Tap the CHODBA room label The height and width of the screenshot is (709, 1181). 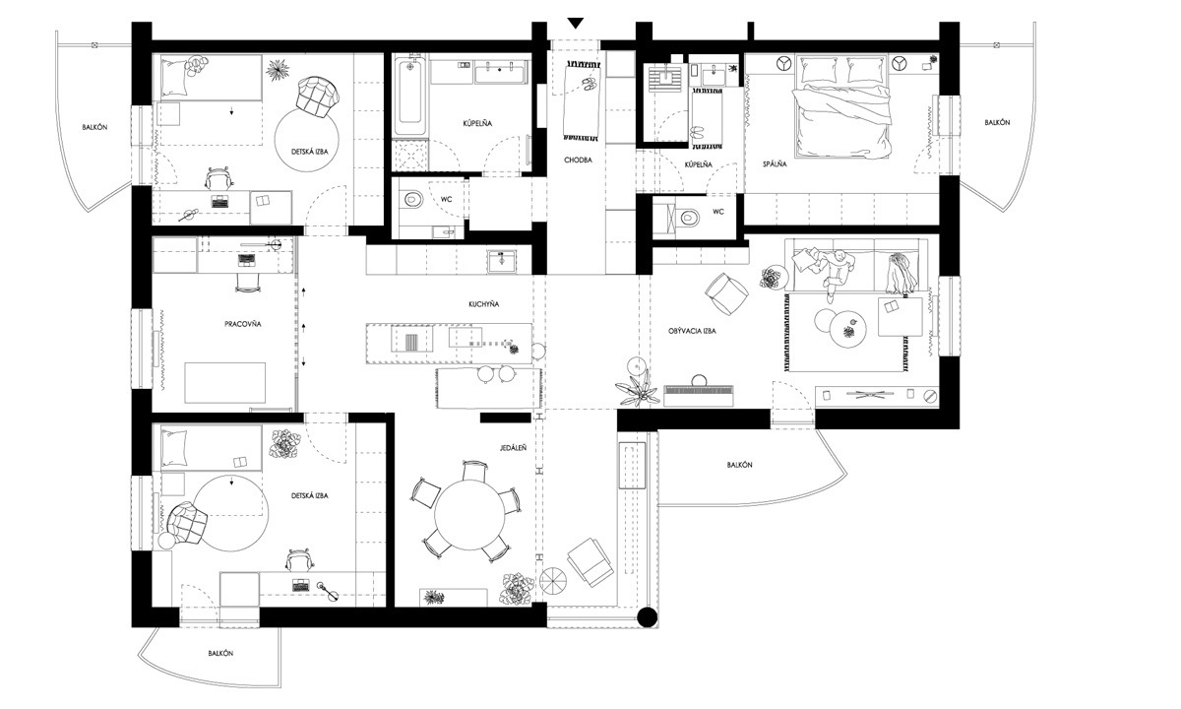(578, 160)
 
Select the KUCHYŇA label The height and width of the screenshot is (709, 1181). (483, 304)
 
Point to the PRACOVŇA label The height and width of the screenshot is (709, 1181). (242, 324)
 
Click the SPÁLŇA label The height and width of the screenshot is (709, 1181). (775, 164)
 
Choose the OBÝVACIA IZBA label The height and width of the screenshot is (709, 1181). (692, 331)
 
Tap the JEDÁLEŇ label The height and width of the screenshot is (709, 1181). (513, 448)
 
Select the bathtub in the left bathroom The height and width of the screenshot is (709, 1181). (410, 97)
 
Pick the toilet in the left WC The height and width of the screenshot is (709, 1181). (412, 199)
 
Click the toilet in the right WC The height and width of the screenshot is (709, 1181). (690, 217)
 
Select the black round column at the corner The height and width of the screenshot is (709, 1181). (647, 617)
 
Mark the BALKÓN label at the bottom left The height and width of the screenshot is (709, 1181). (220, 653)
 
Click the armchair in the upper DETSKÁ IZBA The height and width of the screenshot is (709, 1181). (316, 97)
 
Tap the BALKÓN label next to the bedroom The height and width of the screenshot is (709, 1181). (997, 122)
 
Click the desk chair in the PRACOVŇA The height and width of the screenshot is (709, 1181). (248, 283)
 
